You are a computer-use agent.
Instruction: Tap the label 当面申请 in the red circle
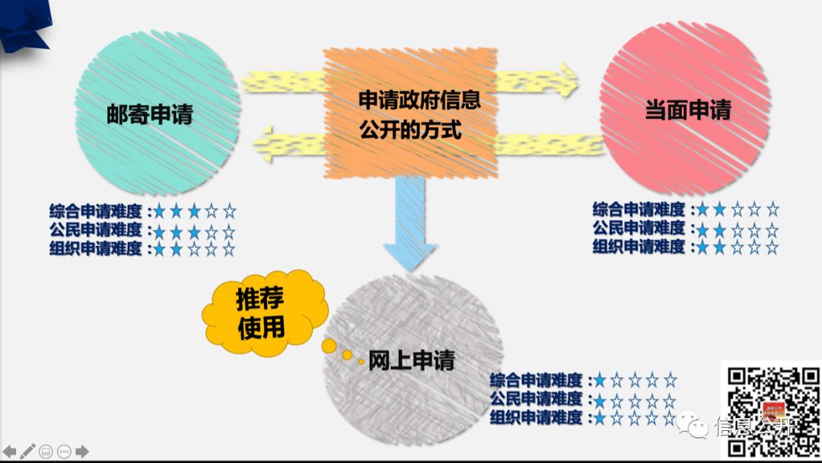pos(688,111)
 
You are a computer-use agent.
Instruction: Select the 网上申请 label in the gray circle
pos(412,360)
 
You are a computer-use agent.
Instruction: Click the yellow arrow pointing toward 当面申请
pos(537,80)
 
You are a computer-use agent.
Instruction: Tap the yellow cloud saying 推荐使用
pos(262,312)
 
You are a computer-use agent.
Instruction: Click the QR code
pos(770,411)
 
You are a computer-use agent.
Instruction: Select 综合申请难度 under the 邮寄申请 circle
pos(96,211)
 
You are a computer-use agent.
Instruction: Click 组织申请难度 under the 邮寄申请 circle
pos(96,248)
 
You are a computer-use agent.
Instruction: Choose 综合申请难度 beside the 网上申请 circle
pos(537,379)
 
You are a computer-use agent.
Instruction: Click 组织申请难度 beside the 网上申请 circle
pos(537,417)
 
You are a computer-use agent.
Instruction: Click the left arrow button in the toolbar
pos(10,451)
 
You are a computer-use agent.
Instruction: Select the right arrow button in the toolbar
pos(82,451)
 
